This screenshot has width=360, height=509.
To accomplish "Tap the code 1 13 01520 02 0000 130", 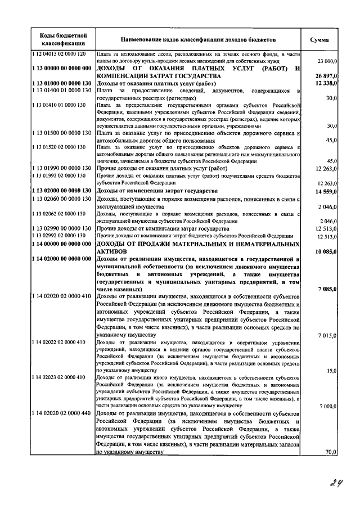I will coord(58,147).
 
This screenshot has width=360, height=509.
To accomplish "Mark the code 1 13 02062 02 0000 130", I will coord(58,214).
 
